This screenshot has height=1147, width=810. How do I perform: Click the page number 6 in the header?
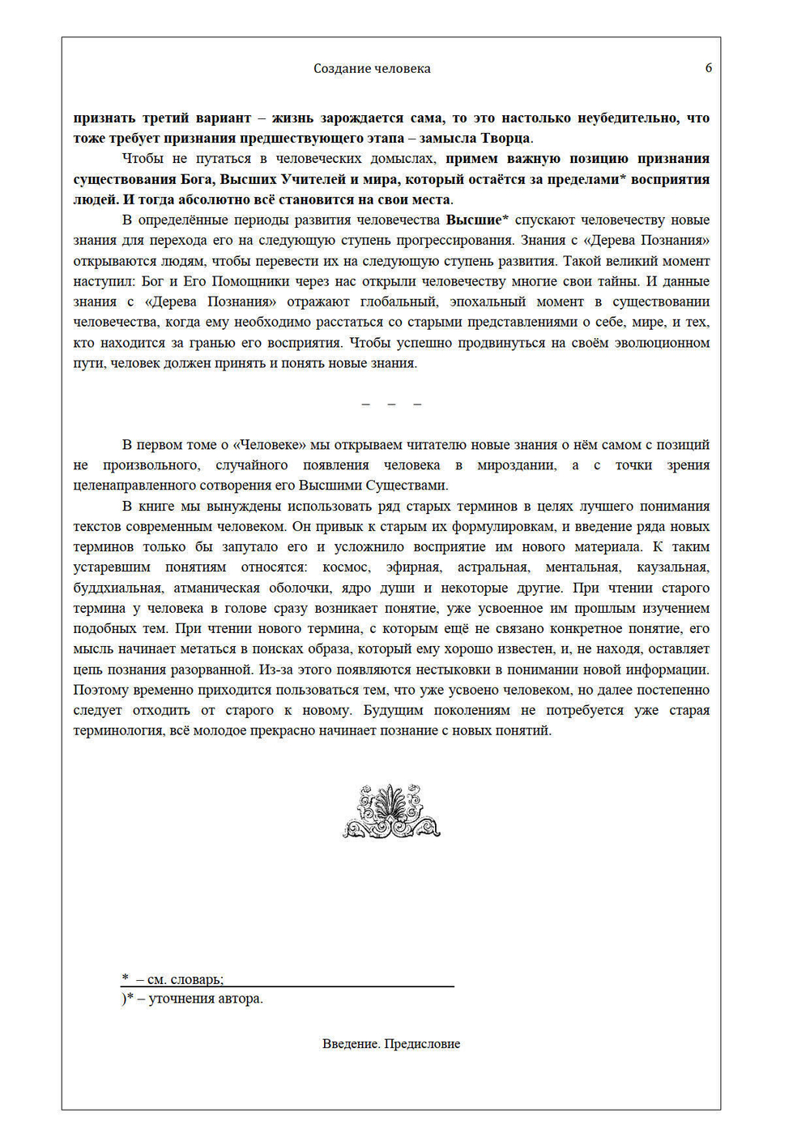tap(709, 68)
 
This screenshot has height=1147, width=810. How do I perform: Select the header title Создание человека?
tap(372, 69)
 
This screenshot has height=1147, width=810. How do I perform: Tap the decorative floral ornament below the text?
tap(392, 811)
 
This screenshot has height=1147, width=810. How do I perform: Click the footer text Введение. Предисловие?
tap(391, 1044)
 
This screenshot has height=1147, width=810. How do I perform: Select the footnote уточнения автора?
tap(199, 999)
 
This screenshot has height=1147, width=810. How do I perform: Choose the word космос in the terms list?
tap(346, 567)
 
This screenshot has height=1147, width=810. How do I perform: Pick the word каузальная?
tap(672, 567)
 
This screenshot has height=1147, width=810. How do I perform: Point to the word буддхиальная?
tap(118, 588)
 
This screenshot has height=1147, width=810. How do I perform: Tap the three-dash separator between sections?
tap(391, 404)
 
